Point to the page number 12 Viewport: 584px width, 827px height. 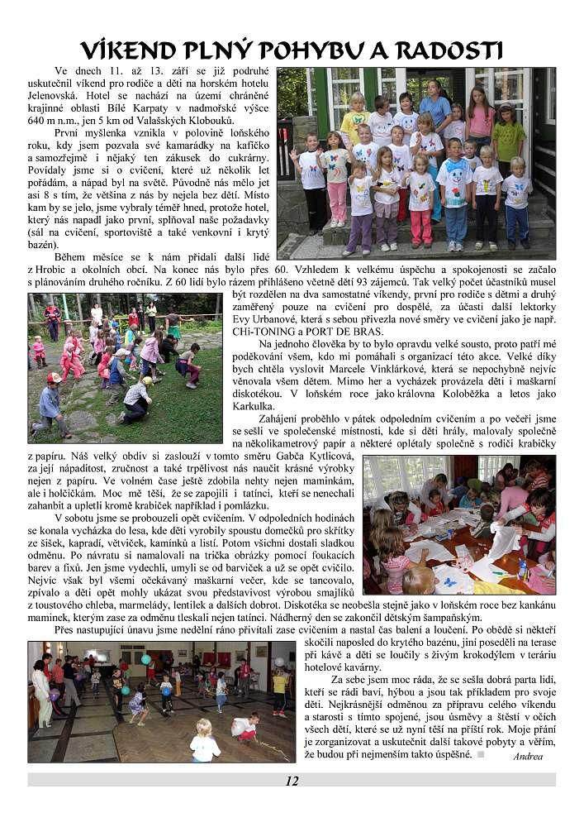pos(292,781)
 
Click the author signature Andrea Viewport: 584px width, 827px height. pos(527,756)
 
